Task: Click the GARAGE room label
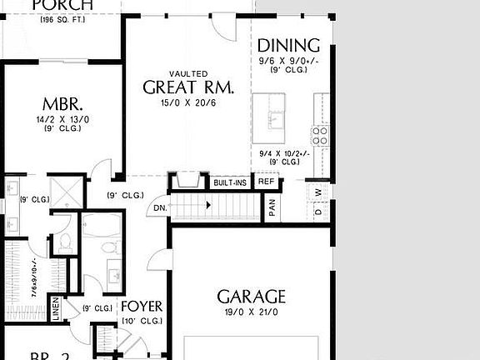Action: click(x=252, y=297)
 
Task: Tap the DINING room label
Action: click(x=288, y=46)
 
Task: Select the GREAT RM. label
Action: click(x=188, y=87)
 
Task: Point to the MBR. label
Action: click(x=62, y=105)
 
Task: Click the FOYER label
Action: click(x=142, y=307)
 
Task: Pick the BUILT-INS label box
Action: click(x=229, y=182)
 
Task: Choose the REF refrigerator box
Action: click(x=266, y=182)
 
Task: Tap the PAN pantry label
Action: click(x=272, y=207)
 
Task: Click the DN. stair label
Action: click(x=161, y=208)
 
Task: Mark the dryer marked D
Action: click(x=318, y=212)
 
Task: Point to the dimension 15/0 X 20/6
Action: click(x=188, y=102)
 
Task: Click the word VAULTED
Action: click(x=188, y=74)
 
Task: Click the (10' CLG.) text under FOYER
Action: click(x=142, y=321)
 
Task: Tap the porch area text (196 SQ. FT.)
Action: click(x=62, y=18)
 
